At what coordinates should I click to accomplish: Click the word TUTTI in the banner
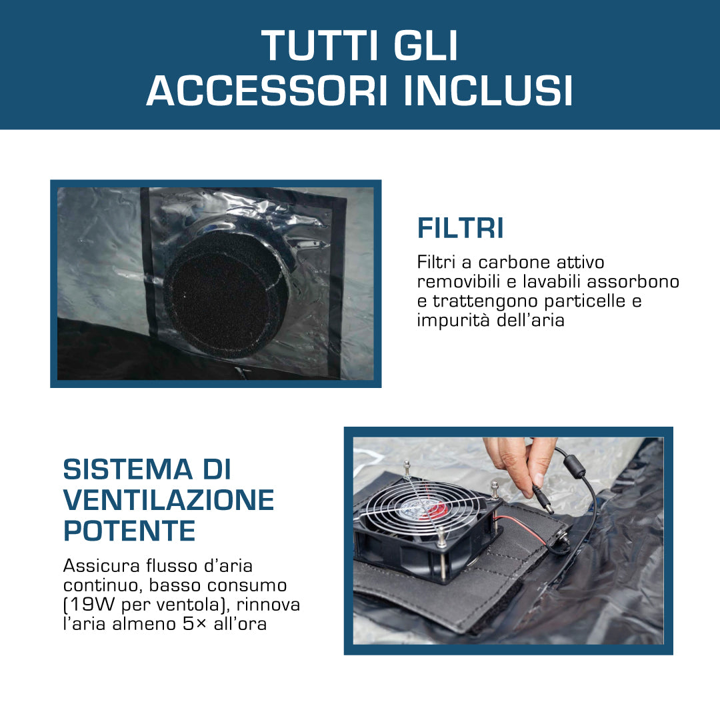[320, 45]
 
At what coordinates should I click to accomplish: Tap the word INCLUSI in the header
[488, 91]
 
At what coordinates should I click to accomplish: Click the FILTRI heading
[460, 228]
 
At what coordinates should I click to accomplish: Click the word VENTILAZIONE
[169, 500]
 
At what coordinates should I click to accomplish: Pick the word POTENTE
[129, 531]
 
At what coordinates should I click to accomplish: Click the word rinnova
[268, 605]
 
